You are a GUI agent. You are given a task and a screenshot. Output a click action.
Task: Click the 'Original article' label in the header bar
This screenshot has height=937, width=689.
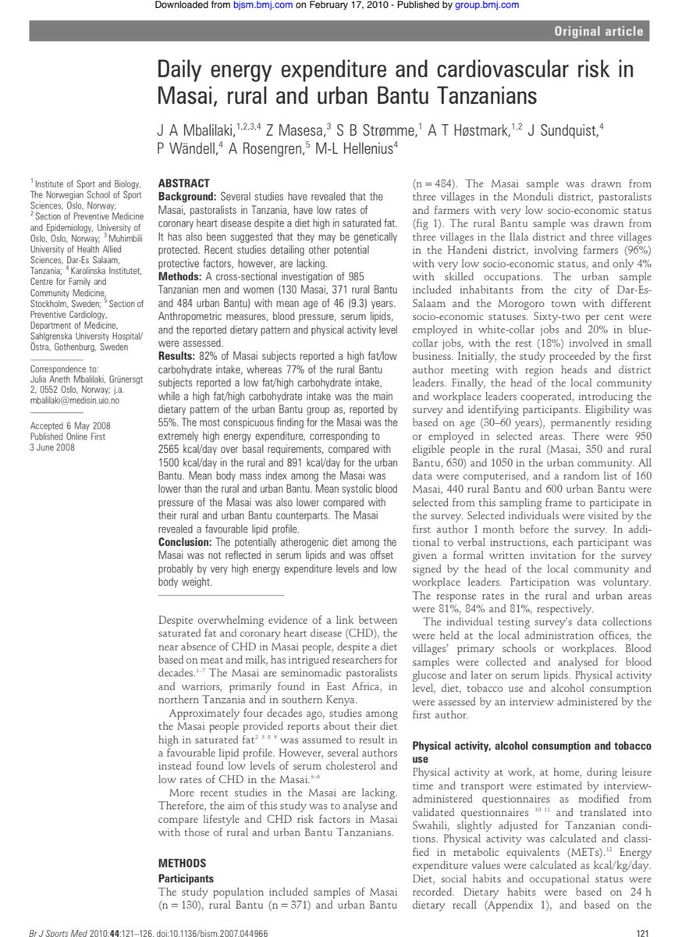click(599, 32)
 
